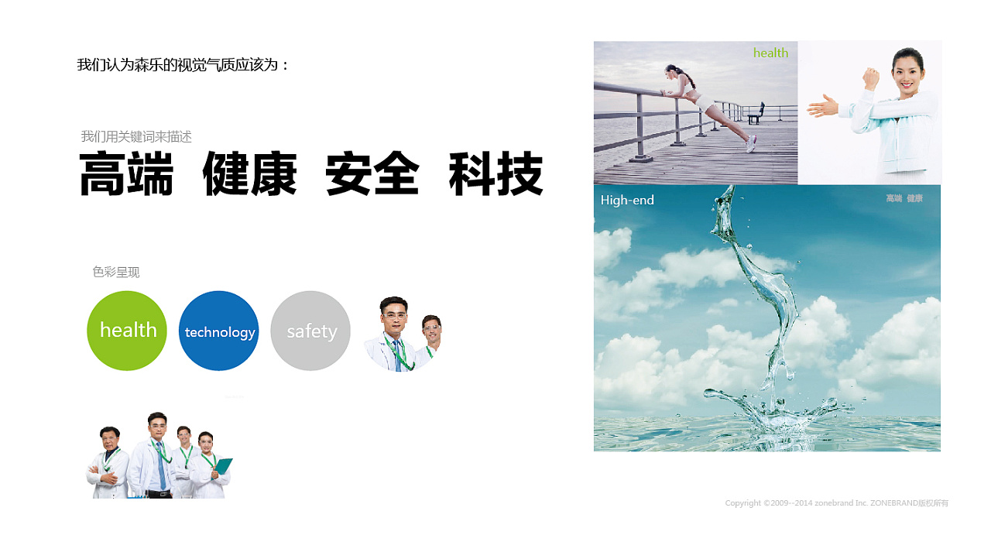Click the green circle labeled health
click(127, 331)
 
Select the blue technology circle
click(218, 331)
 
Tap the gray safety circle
click(310, 331)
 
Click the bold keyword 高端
click(126, 173)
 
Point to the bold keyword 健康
click(249, 173)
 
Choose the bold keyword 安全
click(372, 173)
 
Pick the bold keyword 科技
click(496, 173)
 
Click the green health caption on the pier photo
click(770, 53)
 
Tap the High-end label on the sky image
click(627, 200)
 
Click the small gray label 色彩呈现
click(116, 272)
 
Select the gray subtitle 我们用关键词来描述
click(136, 137)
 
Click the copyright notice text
click(837, 503)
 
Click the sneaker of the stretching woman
click(751, 144)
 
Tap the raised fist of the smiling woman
click(871, 78)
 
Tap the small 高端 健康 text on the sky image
click(904, 198)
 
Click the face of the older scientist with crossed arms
click(109, 437)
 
